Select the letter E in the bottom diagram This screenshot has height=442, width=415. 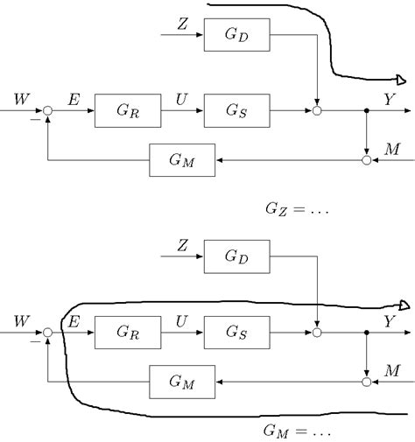(x=74, y=320)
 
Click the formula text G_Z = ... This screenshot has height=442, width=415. (x=295, y=209)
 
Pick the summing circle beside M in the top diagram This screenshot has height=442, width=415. (x=366, y=161)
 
